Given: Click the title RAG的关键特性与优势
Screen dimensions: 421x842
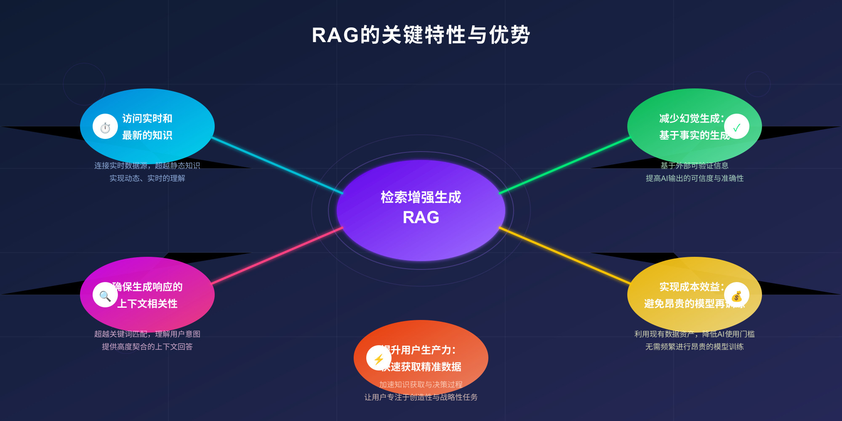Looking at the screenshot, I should point(421,35).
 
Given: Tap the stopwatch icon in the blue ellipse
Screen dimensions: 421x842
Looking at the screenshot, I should point(105,127).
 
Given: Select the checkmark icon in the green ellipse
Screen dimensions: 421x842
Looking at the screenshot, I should point(736,127).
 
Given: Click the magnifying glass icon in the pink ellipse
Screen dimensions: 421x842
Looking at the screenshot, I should point(105,295).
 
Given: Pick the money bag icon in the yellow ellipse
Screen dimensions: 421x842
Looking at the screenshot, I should point(736,296).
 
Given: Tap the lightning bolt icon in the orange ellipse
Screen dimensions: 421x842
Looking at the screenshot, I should point(378,358).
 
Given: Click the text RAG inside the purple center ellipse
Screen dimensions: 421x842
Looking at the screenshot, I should point(421,218).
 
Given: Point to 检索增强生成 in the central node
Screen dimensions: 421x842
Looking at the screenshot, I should point(421,197).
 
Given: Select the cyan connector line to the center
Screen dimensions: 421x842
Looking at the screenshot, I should point(278,165).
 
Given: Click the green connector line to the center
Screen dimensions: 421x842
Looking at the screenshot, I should point(564,165).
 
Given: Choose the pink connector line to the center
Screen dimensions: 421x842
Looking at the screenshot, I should point(278,256).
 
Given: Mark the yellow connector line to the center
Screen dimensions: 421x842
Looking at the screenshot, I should point(564,256).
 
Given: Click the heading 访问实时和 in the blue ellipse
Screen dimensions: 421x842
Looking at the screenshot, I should point(147,119).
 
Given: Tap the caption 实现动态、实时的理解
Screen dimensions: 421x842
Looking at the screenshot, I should point(147,178).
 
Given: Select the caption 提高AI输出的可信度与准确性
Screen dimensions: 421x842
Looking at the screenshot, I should point(695,178).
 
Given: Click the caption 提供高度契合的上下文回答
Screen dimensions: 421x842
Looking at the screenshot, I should point(147,346).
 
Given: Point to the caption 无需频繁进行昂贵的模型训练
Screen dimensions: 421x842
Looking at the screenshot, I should point(695,346).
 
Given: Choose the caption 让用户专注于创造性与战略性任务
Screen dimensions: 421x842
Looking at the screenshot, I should point(421,397).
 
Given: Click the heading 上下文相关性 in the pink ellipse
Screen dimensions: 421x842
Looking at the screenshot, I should point(147,304).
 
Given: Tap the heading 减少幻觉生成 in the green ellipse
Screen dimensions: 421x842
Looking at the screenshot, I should point(690,119).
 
